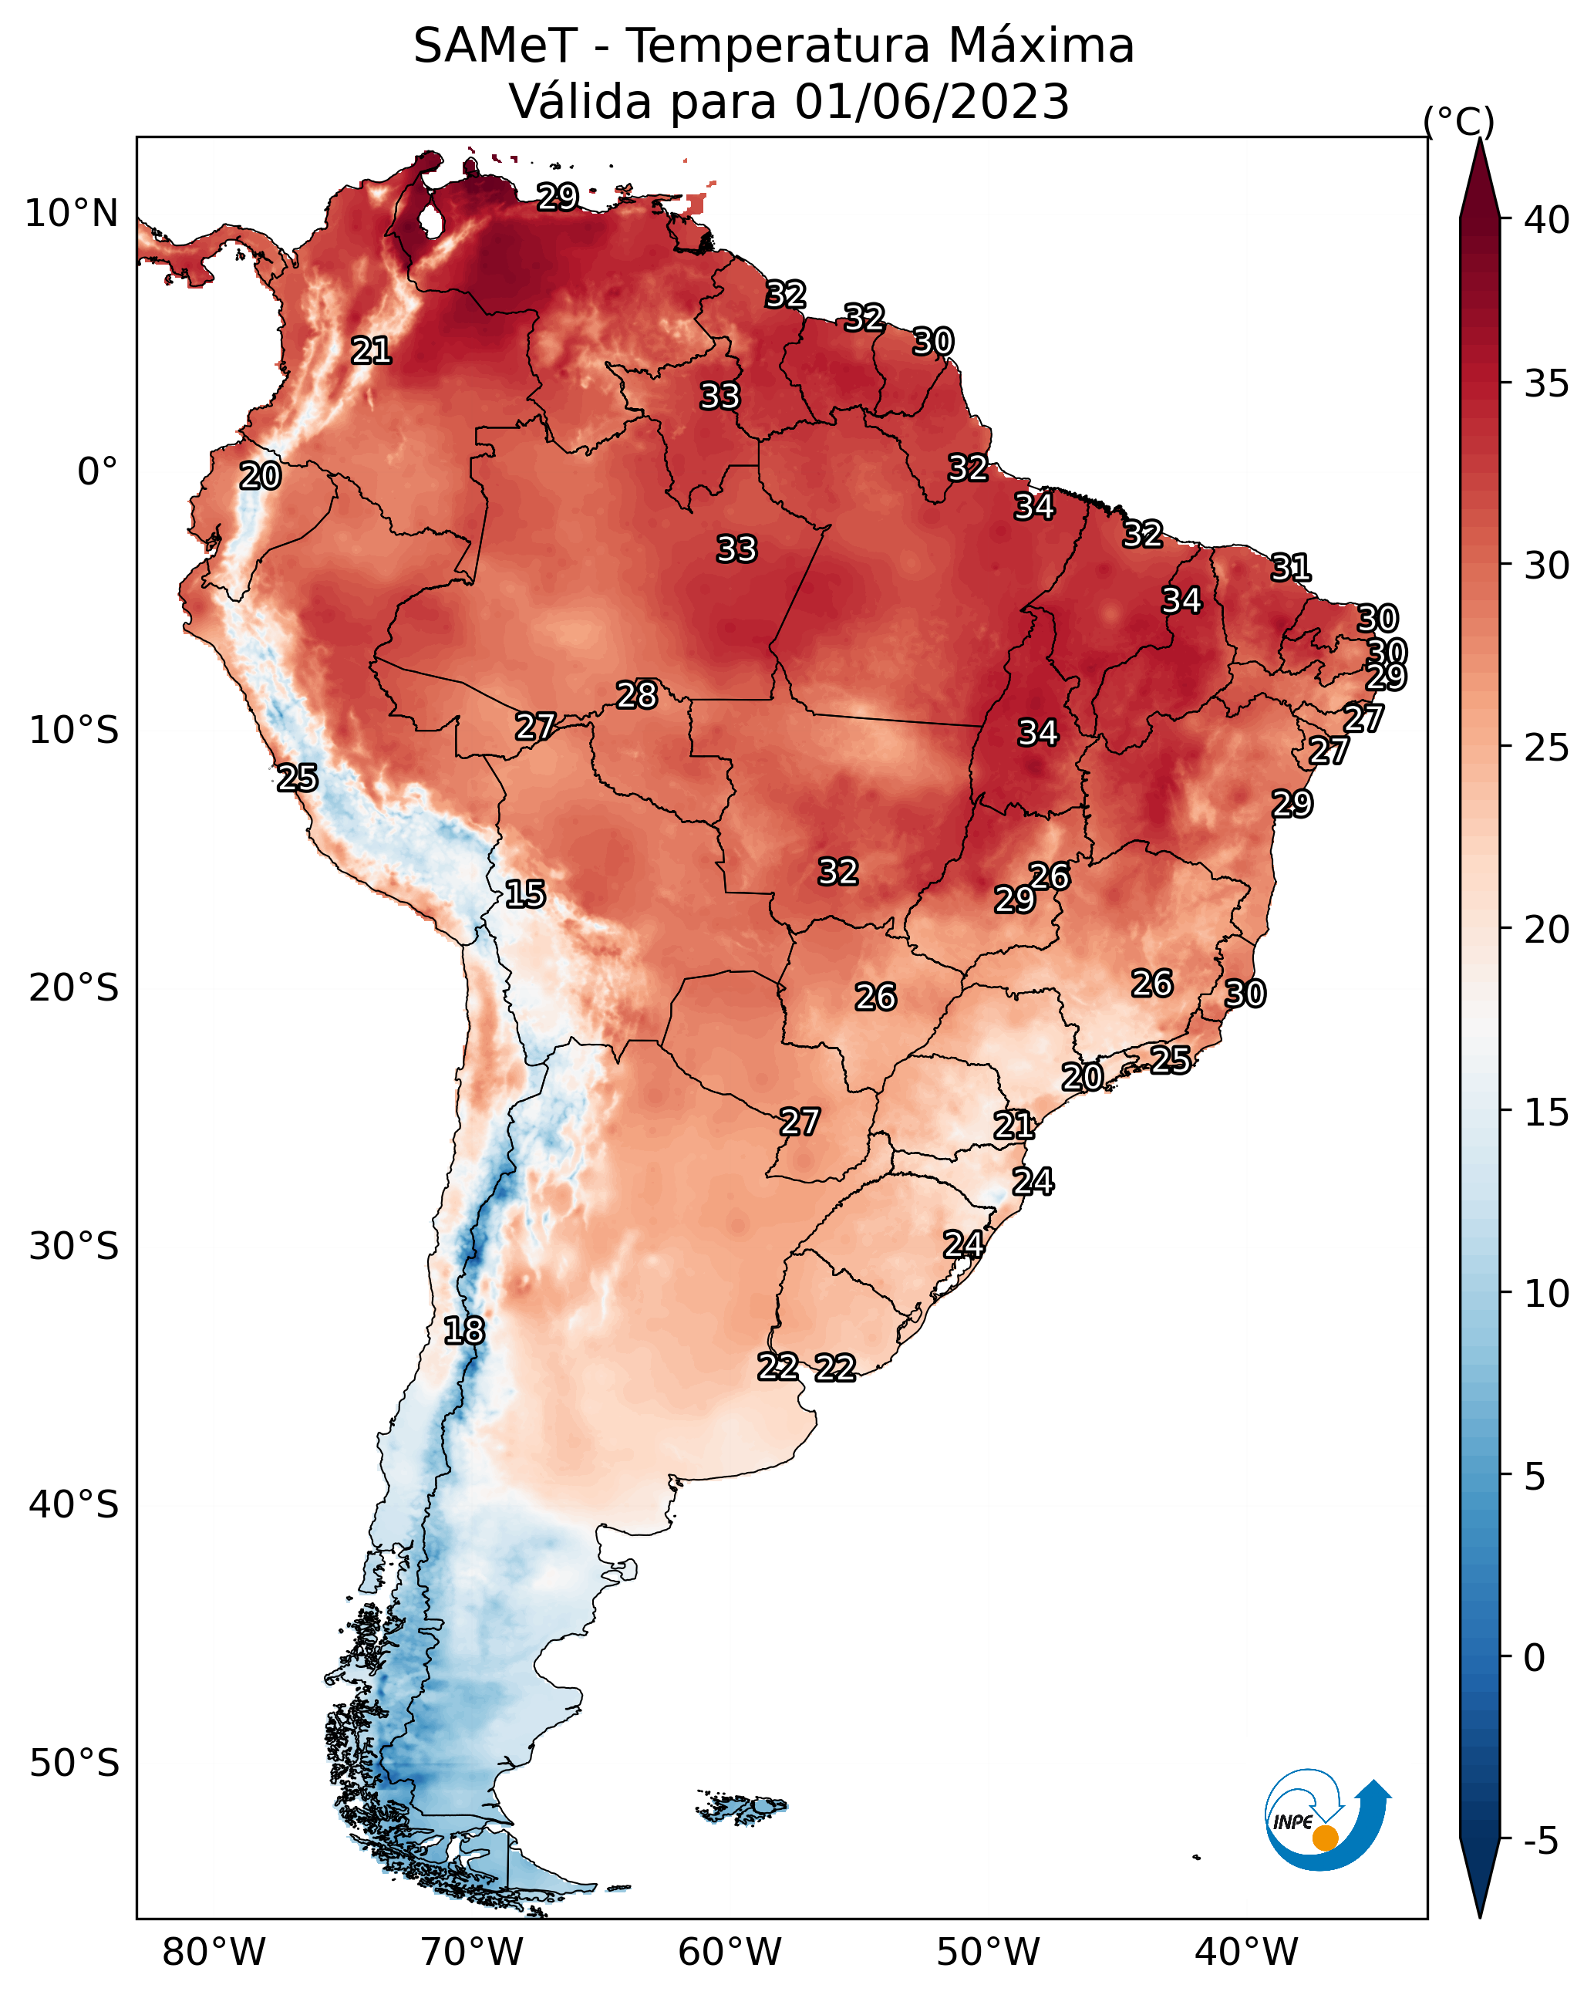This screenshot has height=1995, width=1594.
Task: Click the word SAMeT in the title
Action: coord(495,46)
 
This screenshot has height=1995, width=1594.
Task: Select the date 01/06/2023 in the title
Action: coord(931,102)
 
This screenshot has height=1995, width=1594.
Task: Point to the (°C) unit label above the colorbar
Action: coord(1459,121)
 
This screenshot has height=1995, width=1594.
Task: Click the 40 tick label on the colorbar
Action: coord(1547,220)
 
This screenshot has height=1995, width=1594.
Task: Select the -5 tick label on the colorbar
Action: coord(1540,1841)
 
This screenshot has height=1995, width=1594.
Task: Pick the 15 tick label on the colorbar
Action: coord(1547,1112)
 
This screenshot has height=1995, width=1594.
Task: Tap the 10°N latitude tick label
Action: coord(71,214)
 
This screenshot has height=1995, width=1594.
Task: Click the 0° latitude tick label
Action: coord(98,472)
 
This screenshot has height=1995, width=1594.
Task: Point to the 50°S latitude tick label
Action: coord(74,1764)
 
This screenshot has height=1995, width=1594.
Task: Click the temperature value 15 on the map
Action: coord(524,894)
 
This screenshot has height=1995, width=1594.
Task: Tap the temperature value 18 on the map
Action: coord(463,1331)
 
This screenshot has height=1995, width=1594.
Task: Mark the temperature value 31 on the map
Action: coord(1291,567)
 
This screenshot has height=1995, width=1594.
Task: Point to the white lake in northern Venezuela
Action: coord(430,220)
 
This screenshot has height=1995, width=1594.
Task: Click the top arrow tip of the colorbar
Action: coord(1479,138)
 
